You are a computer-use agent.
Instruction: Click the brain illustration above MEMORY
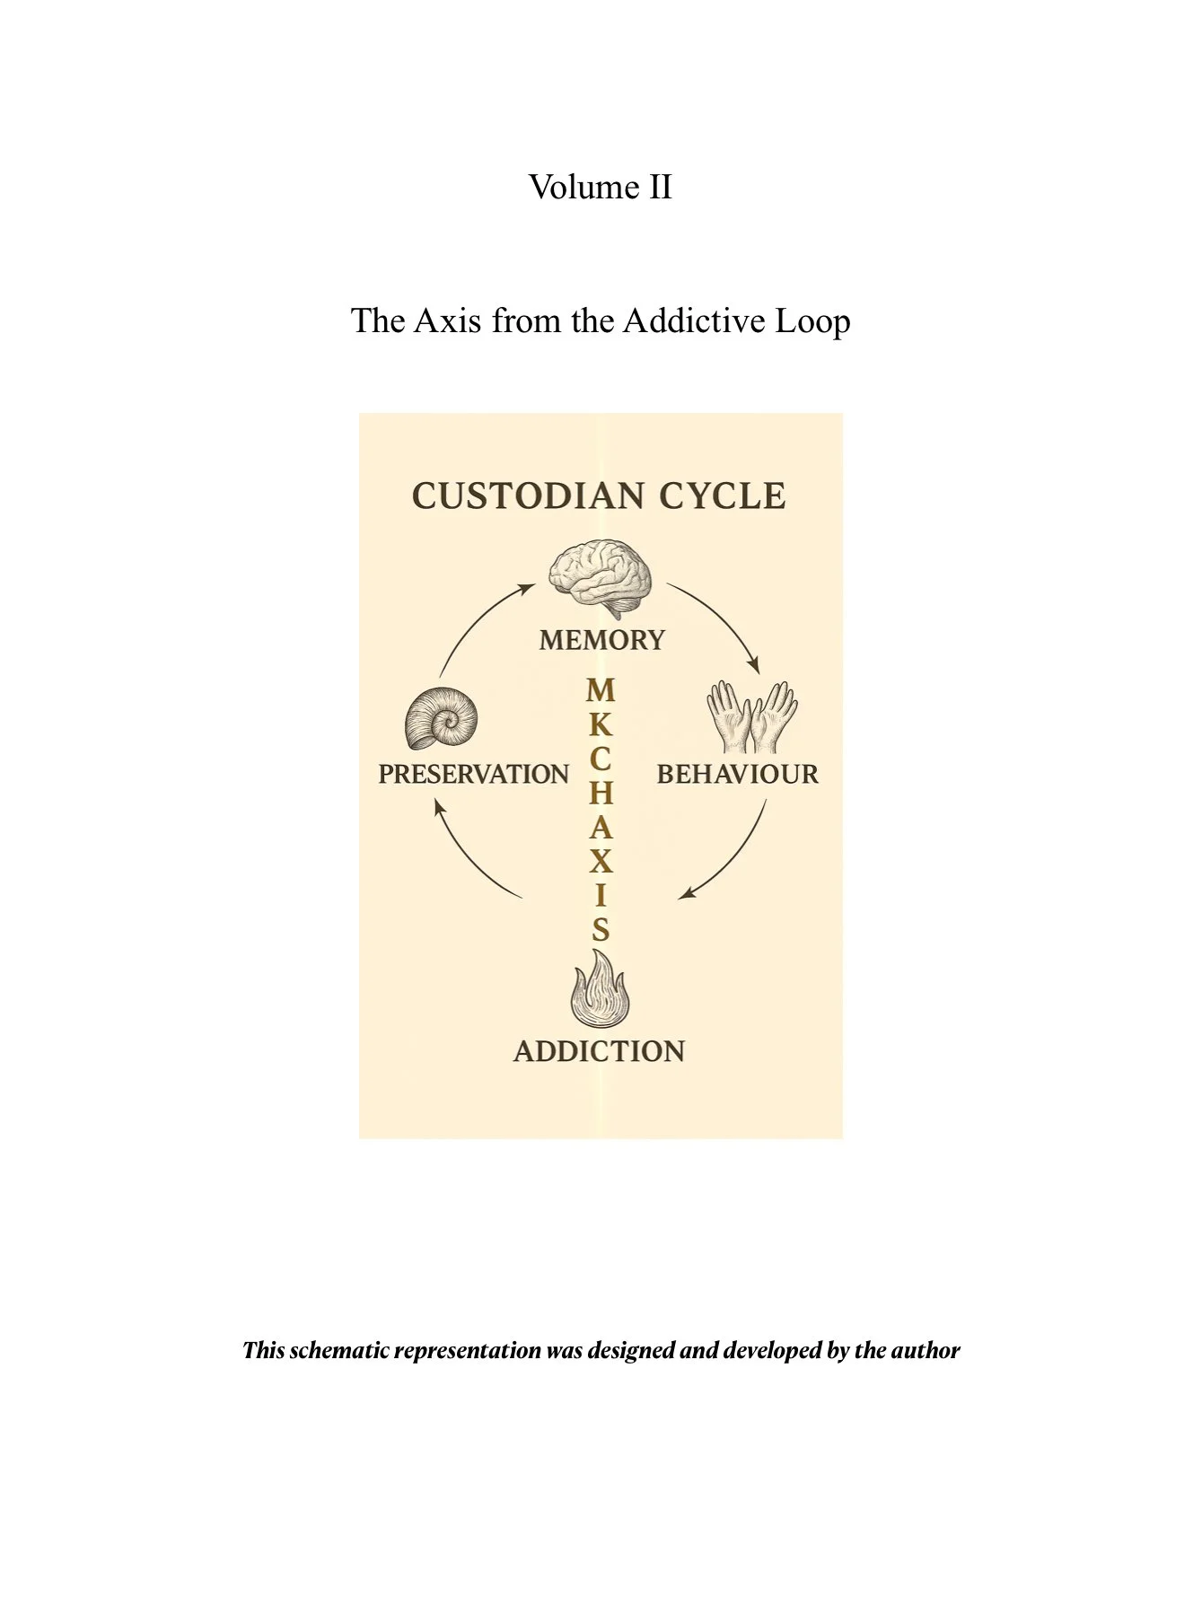tap(601, 577)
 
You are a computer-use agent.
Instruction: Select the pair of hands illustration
tap(751, 716)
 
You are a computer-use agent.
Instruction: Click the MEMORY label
tap(601, 640)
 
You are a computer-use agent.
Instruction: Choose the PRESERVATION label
tap(473, 774)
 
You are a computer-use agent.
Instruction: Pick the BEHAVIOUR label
tap(737, 774)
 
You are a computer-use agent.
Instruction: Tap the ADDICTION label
tap(599, 1051)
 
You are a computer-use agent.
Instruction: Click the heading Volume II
tap(600, 188)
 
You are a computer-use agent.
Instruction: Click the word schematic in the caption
tap(340, 1350)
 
